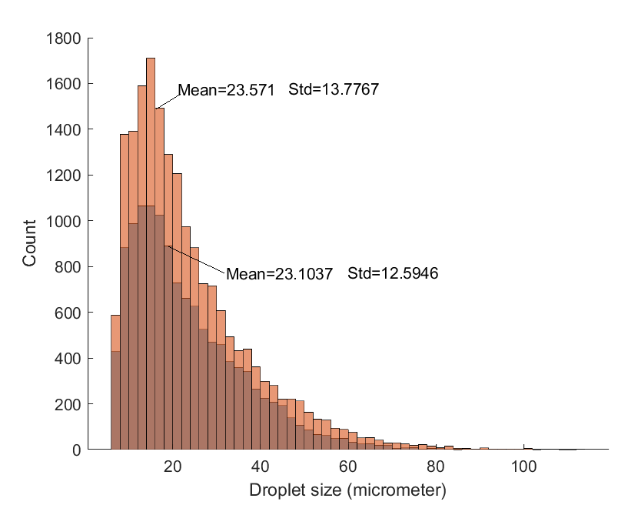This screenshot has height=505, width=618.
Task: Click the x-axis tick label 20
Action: [173, 466]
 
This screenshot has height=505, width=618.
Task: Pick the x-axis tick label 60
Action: [348, 466]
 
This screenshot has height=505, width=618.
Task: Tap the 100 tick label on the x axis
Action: [523, 466]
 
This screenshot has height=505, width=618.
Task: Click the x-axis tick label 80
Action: [436, 466]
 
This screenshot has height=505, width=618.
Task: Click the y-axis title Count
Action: [30, 243]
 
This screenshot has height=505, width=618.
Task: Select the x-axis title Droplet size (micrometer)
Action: [347, 490]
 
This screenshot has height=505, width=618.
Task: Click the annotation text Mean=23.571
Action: [226, 90]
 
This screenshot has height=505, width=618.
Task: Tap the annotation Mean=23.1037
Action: [278, 273]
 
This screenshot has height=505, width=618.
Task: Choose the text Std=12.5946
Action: [393, 273]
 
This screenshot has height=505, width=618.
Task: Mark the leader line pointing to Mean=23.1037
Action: [195, 259]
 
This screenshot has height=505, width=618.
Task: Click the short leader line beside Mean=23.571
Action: [167, 99]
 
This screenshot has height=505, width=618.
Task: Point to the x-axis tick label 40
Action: [261, 466]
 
